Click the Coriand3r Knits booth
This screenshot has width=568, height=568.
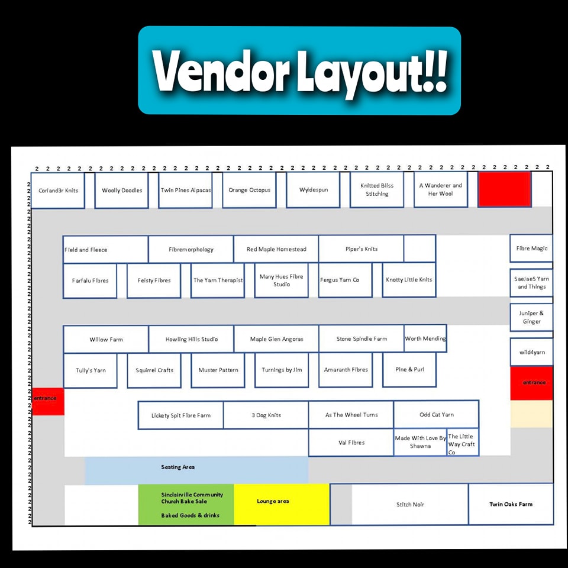(x=58, y=191)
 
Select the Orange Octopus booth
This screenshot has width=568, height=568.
(x=249, y=190)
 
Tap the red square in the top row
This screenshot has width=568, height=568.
(x=505, y=189)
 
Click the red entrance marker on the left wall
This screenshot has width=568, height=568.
(x=48, y=401)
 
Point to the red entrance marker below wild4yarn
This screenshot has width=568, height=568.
(x=531, y=383)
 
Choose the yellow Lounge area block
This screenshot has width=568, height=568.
(x=282, y=504)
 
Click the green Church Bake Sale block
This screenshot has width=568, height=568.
(x=186, y=505)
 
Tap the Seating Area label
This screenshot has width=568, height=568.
(x=178, y=467)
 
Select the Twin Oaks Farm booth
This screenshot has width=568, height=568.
(x=511, y=504)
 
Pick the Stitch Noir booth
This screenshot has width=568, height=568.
(x=409, y=504)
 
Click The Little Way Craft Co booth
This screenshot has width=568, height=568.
(x=463, y=443)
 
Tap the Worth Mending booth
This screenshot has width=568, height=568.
(x=425, y=338)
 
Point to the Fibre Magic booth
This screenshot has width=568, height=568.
(x=531, y=248)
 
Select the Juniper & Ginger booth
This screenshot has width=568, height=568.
(x=531, y=317)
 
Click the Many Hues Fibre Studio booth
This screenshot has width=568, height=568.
(x=282, y=280)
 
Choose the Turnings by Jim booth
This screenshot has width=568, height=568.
(x=282, y=370)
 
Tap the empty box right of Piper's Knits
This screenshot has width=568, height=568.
(x=420, y=248)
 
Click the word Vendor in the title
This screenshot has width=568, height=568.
(x=220, y=71)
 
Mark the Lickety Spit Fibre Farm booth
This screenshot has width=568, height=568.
(x=181, y=415)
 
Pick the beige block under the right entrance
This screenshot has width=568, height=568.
(x=531, y=414)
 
